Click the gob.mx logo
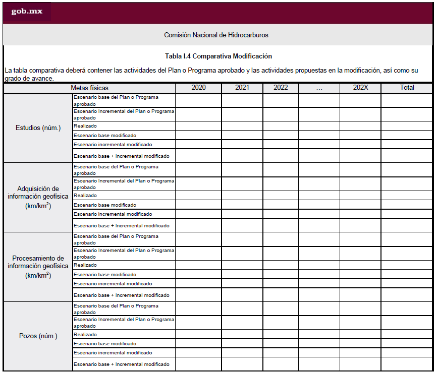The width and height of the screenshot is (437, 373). point(27,12)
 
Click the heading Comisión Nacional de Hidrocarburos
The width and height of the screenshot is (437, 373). point(216,35)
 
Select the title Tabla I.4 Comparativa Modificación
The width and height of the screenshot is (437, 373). point(218,56)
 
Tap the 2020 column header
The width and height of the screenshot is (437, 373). point(198,88)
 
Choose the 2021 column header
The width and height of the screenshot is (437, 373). point(242,88)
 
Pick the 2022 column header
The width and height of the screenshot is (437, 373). point(281,88)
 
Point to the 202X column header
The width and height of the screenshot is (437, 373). point(360,88)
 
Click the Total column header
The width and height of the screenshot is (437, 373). point(407,88)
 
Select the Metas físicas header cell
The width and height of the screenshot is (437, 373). point(89,88)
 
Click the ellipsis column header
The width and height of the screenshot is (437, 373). point(319,88)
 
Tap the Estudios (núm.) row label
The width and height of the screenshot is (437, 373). point(38,128)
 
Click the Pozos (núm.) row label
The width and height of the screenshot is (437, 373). point(38,336)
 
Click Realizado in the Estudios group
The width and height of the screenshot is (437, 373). point(85,126)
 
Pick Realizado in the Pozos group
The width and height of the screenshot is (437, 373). point(85,335)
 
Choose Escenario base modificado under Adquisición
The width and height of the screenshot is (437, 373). point(105,205)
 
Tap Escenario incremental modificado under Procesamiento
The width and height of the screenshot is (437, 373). point(113,284)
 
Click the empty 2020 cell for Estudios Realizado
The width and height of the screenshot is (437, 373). point(198,126)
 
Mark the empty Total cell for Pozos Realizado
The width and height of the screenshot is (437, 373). point(407,335)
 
